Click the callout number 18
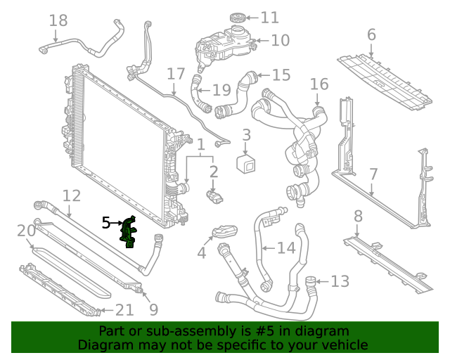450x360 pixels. tap(58, 20)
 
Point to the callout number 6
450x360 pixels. tap(371, 34)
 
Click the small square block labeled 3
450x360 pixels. tap(247, 164)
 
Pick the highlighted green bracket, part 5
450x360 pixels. tap(129, 233)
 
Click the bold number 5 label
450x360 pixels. tap(106, 223)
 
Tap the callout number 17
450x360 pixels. tap(176, 75)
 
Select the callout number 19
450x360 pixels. tap(221, 89)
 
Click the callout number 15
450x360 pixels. tap(281, 75)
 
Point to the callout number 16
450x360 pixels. tap(319, 84)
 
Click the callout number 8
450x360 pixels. tap(358, 216)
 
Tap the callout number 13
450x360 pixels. tap(340, 281)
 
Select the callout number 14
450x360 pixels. tap(286, 247)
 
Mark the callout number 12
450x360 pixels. tap(72, 195)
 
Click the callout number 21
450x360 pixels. tap(124, 309)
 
